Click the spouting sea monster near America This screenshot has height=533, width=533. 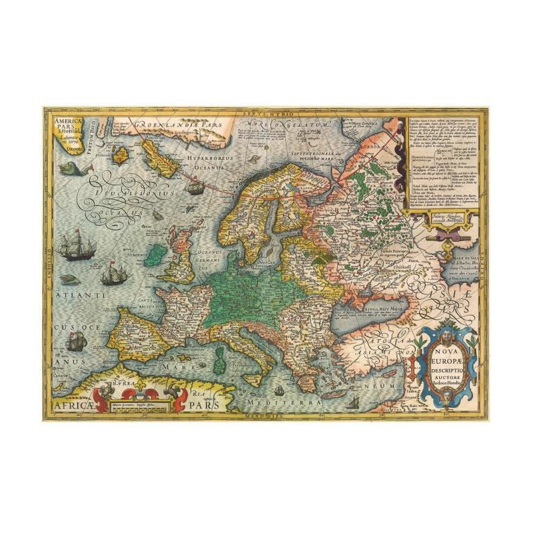tap(69, 168)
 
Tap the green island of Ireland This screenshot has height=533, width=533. tap(155, 254)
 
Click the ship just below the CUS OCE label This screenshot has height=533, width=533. tap(76, 342)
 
